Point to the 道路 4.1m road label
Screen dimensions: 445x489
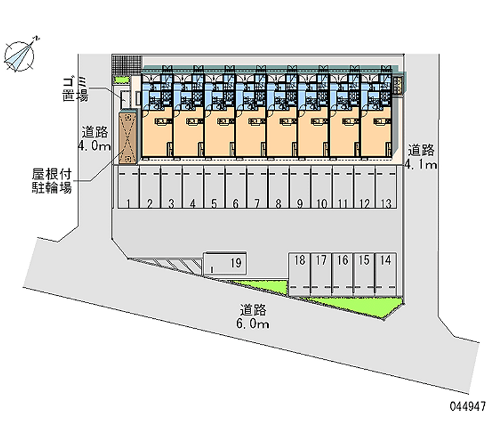(x=422, y=157)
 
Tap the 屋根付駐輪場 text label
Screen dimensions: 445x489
(x=52, y=180)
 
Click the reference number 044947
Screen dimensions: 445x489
(x=466, y=406)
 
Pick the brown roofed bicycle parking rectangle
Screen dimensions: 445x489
(x=128, y=138)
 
